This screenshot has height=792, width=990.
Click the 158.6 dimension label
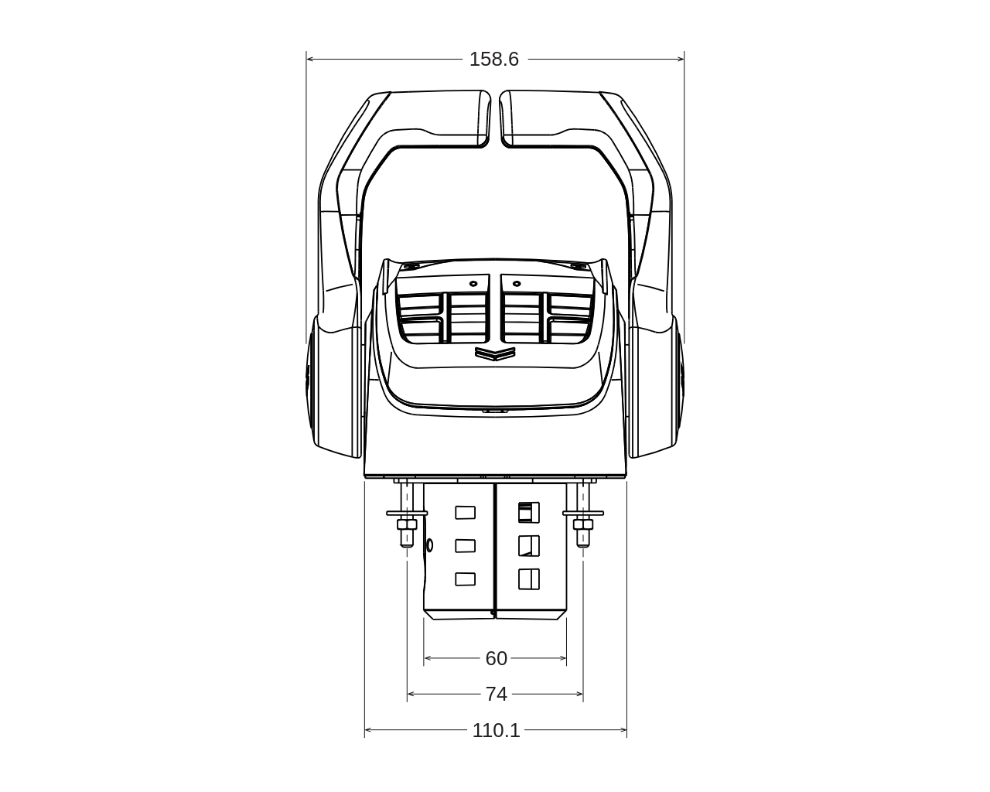click(493, 60)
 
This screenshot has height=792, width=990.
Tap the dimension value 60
click(496, 658)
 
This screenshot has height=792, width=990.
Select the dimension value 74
click(496, 694)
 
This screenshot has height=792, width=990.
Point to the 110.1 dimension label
click(496, 730)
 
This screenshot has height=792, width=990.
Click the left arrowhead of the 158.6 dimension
click(309, 59)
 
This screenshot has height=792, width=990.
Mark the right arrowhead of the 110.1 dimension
click(623, 729)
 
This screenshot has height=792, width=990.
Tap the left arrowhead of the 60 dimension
click(427, 658)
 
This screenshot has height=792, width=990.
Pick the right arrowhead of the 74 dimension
click(579, 694)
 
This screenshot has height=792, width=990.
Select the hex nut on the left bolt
click(407, 524)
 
